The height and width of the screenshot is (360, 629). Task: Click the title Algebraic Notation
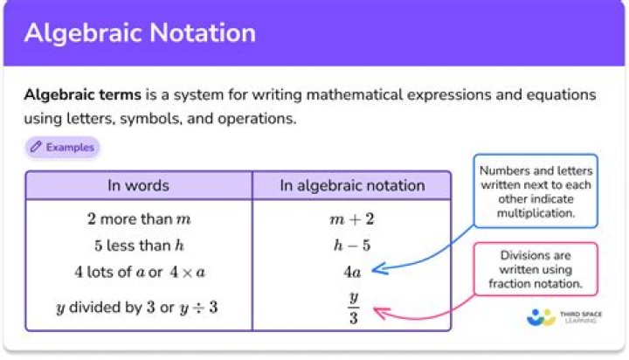coord(140,33)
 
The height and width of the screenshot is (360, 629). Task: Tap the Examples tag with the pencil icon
coord(62,148)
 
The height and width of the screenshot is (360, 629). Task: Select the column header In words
coord(138,185)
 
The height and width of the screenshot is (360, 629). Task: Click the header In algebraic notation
coord(352,185)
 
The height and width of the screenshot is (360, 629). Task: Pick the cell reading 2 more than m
coord(139,218)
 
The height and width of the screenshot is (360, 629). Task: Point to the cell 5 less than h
coord(139,245)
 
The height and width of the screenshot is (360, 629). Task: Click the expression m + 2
coord(352,218)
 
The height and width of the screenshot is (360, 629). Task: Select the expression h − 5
coord(352,245)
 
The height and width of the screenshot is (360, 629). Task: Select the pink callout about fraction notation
coord(536,270)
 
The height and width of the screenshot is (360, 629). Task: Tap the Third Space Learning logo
coord(564,318)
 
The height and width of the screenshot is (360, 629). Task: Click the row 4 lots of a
coord(139,272)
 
